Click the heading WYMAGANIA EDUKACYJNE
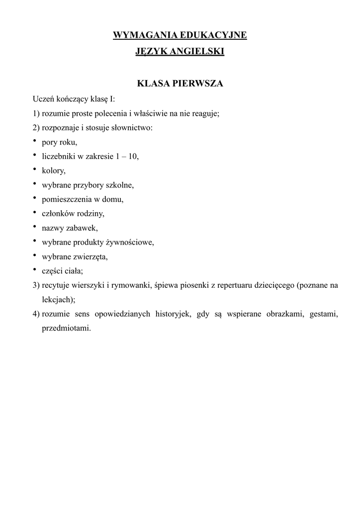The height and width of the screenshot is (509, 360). tap(180, 35)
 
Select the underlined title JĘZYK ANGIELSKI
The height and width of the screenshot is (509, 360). tap(180, 51)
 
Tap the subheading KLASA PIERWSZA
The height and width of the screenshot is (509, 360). tap(180, 84)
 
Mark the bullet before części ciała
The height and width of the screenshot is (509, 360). tap(36, 270)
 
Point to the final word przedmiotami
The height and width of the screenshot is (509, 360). tap(67, 329)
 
